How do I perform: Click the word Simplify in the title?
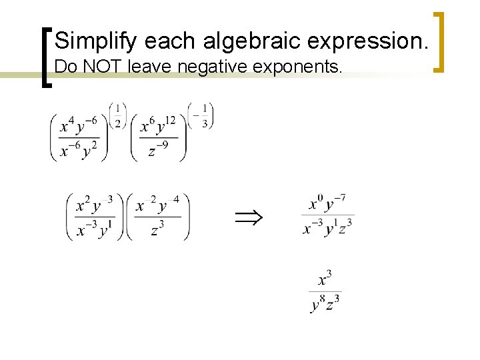pos(96,41)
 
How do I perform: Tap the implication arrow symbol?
pos(248,216)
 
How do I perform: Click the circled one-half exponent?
pos(117,115)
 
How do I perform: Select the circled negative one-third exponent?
pos(201,115)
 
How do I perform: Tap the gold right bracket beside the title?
pos(439,41)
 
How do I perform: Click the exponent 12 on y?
pos(170,120)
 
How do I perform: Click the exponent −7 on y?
pos(340,198)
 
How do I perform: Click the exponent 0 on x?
pos(319,198)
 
